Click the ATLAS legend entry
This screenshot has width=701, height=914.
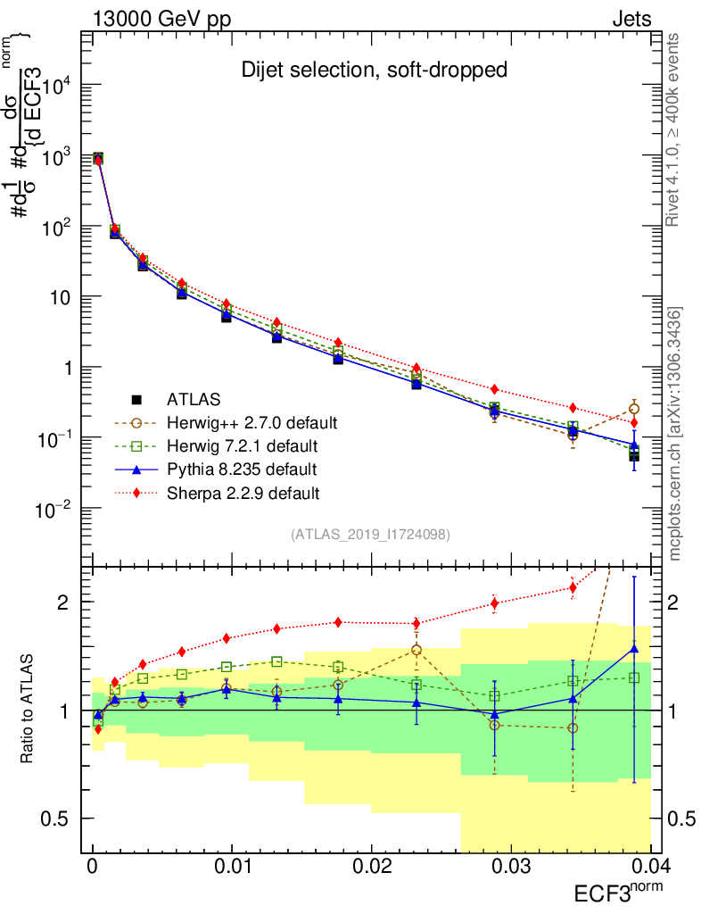coord(193,399)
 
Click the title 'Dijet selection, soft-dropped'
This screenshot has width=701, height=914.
coord(375,70)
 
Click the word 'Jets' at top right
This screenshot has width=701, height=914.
coord(631,20)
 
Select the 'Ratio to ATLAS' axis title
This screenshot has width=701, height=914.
coord(29,710)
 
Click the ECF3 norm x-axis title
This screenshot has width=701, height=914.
coord(617,893)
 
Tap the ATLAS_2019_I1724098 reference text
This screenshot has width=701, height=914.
coord(370,535)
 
